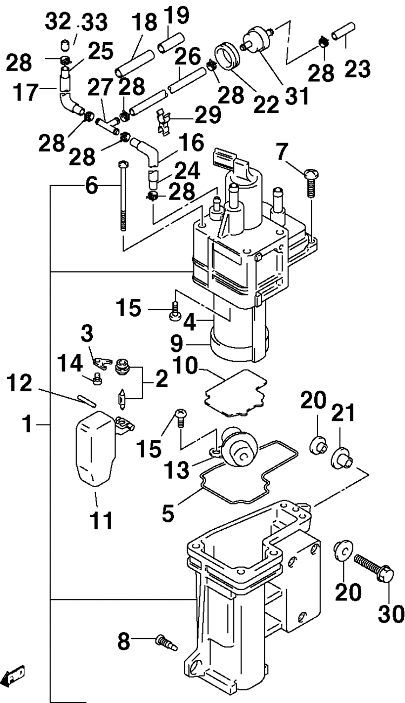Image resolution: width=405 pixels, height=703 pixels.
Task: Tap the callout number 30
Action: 390,613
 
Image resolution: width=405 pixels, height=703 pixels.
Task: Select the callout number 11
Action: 100,520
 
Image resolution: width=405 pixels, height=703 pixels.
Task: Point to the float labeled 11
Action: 95,448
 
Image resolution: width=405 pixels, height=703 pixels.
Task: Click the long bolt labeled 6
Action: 123,196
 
